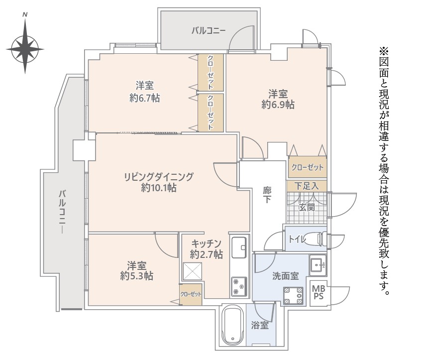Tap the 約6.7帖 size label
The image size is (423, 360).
(144, 98)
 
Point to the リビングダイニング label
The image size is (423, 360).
(159, 176)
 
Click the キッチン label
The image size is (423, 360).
(206, 243)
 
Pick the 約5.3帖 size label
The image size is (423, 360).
(136, 275)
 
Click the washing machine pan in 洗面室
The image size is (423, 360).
(293, 295)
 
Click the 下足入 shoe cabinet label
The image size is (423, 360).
(307, 186)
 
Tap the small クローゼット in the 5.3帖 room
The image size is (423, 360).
(191, 294)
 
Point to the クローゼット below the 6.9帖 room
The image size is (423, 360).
(307, 167)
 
